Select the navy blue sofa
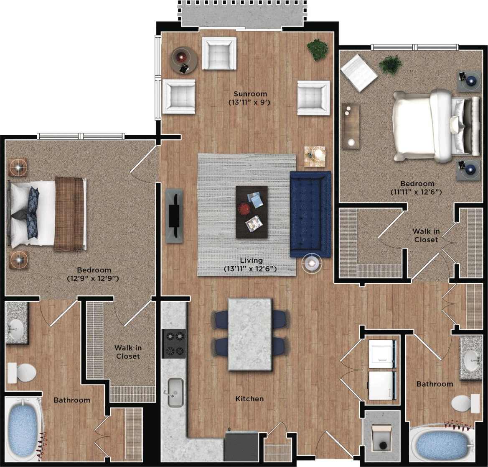pyautogui.click(x=310, y=214)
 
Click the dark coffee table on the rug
pyautogui.click(x=252, y=212)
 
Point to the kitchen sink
pyautogui.click(x=175, y=392)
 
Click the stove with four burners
pyautogui.click(x=174, y=343)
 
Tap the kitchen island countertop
pyautogui.click(x=250, y=334)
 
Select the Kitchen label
pyautogui.click(x=249, y=399)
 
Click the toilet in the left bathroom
pyautogui.click(x=23, y=372)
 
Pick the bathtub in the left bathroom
pyautogui.click(x=23, y=429)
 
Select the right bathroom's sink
pyautogui.click(x=472, y=358)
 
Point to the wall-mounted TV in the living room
pyautogui.click(x=174, y=216)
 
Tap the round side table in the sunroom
pyautogui.click(x=184, y=60)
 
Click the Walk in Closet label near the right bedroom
pyautogui.click(x=426, y=235)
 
